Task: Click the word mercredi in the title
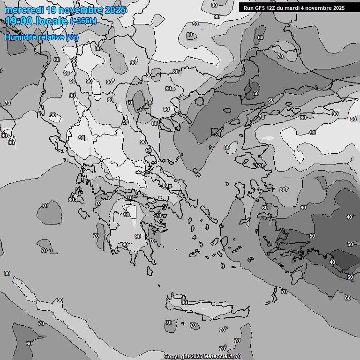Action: (x=23, y=10)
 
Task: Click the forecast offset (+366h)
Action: (x=84, y=21)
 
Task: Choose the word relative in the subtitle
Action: (x=51, y=37)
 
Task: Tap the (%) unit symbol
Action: (x=72, y=37)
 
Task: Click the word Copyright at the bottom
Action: (x=176, y=357)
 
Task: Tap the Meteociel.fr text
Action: (x=221, y=357)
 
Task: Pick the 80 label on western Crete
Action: (x=184, y=302)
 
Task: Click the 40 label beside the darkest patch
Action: (x=332, y=262)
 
